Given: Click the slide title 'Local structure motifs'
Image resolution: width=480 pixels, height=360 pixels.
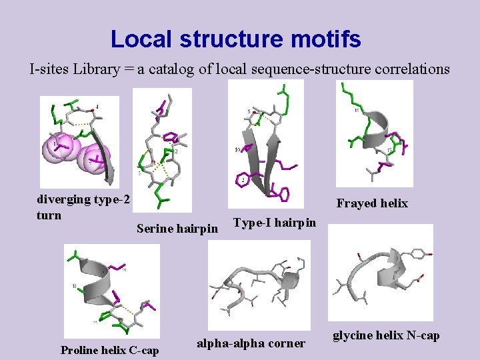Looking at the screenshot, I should pyautogui.click(x=235, y=39).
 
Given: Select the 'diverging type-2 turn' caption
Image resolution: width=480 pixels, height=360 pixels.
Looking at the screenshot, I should pyautogui.click(x=83, y=207).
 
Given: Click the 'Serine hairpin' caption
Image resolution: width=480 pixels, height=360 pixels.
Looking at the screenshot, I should pyautogui.click(x=177, y=229).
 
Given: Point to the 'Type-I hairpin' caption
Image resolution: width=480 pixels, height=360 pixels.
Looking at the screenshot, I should pyautogui.click(x=275, y=222).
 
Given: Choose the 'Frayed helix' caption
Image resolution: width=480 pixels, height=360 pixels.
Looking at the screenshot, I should pyautogui.click(x=372, y=203).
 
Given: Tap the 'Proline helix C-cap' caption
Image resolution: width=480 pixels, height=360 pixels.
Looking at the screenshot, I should pyautogui.click(x=110, y=350).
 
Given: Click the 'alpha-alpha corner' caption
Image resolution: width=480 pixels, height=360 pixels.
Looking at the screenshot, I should pyautogui.click(x=251, y=343).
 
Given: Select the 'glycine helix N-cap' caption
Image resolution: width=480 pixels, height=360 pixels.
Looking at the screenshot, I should pyautogui.click(x=386, y=335).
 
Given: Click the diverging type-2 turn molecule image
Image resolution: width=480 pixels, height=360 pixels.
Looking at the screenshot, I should pyautogui.click(x=79, y=142).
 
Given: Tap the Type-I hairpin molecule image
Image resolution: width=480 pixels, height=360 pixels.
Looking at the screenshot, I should pyautogui.click(x=266, y=143).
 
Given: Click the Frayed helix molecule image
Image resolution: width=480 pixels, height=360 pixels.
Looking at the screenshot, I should pyautogui.click(x=374, y=133).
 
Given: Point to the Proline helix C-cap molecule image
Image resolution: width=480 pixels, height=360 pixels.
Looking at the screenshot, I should pyautogui.click(x=112, y=291).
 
